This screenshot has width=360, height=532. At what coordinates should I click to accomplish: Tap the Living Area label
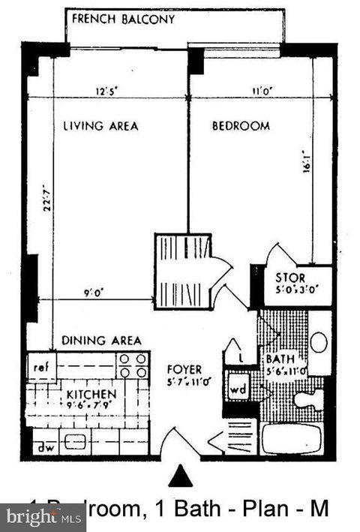[100, 126]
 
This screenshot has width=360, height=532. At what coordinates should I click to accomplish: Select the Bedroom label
[241, 126]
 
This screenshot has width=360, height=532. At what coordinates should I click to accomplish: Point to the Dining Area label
[101, 340]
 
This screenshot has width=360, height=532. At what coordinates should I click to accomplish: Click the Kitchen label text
[91, 395]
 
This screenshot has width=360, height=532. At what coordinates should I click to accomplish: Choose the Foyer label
[184, 369]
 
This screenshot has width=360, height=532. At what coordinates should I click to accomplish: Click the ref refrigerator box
[40, 367]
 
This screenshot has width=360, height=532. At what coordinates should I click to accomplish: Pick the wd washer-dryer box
[238, 390]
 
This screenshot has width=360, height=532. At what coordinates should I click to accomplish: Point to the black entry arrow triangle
[180, 476]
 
